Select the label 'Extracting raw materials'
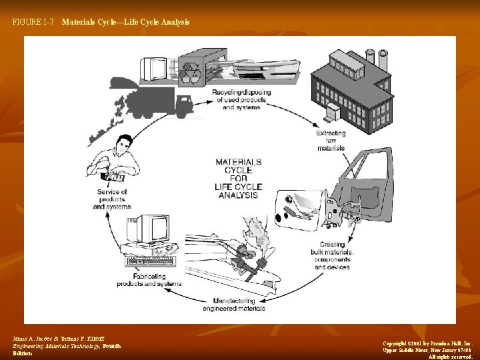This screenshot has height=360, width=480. click(331, 141)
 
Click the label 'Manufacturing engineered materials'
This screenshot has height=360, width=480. click(234, 304)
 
